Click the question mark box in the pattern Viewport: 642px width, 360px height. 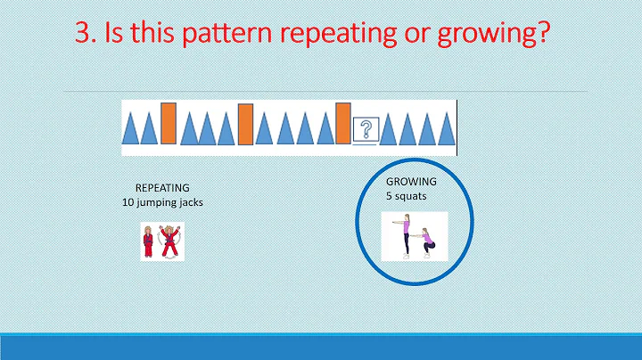[364, 130]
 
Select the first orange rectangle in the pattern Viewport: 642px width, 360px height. [169, 124]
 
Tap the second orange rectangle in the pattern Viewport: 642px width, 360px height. [246, 124]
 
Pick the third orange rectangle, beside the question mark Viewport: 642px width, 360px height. [343, 124]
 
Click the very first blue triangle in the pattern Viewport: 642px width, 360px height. [130, 129]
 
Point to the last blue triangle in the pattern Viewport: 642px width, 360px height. [445, 129]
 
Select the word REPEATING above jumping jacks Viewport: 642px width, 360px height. [162, 188]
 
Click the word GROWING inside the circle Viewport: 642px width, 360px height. [411, 181]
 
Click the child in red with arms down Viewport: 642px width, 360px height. [147, 242]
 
